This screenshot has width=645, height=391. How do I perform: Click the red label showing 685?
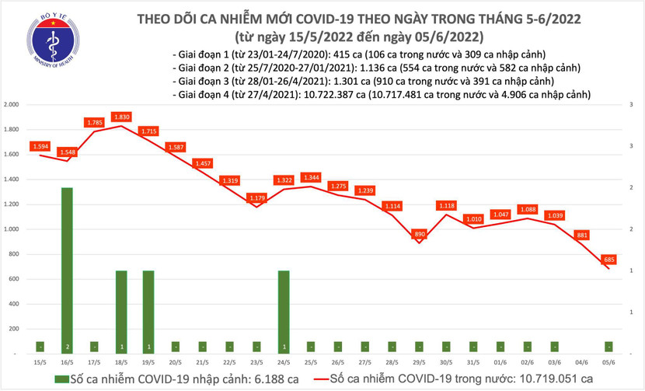point(609,259)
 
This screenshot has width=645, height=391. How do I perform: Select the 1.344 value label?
point(311,177)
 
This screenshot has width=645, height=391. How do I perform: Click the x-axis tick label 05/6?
point(609,362)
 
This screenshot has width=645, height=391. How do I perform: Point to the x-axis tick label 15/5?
point(40,362)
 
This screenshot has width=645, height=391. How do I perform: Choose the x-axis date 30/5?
point(447,362)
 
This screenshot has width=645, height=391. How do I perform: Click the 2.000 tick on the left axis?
point(12,104)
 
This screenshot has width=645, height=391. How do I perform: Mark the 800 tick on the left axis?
point(14,254)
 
